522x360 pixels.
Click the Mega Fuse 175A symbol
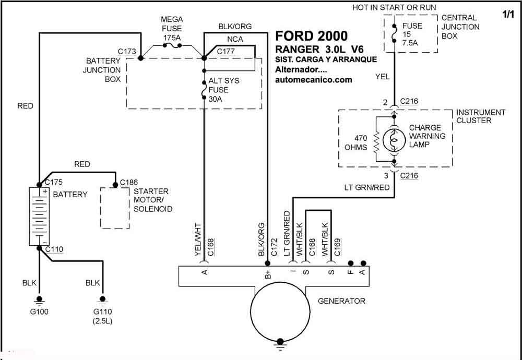[172, 45]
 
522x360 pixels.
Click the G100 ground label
[39, 312]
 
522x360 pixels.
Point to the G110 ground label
[102, 312]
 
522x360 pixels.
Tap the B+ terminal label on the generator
[268, 274]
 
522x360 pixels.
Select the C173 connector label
[127, 52]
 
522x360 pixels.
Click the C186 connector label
[129, 182]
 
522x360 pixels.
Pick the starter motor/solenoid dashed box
[115, 208]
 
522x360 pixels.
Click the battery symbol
[39, 217]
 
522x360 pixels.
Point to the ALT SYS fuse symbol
[204, 90]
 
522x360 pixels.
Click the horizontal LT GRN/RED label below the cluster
[367, 187]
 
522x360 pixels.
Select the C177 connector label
[226, 52]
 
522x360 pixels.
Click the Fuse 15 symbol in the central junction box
[394, 33]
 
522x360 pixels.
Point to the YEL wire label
[383, 77]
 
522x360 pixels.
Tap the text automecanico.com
[314, 80]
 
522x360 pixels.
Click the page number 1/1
[508, 15]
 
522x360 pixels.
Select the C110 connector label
[54, 249]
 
